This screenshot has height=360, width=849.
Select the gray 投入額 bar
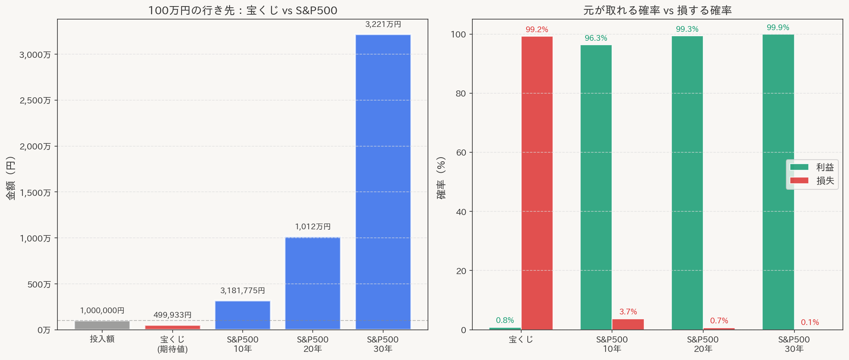(x=102, y=325)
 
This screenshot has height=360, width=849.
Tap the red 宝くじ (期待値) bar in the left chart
(x=173, y=327)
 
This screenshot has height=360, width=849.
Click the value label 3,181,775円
(x=243, y=290)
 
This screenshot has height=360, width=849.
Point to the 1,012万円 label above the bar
(x=313, y=226)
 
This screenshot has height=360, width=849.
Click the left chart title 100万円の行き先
(x=243, y=10)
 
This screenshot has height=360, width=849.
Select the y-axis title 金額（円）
(x=11, y=178)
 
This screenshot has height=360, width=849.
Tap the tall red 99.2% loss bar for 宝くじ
(x=537, y=183)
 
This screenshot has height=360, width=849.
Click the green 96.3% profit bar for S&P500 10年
(x=596, y=187)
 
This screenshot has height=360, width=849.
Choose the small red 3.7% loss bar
(x=628, y=324)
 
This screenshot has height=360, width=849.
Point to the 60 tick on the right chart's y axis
(x=461, y=152)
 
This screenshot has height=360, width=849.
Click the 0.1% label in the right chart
(x=810, y=322)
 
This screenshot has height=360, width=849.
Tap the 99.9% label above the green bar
(x=778, y=27)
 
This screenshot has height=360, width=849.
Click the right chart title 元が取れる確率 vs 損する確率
(x=657, y=10)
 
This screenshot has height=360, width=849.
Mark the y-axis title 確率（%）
(x=441, y=178)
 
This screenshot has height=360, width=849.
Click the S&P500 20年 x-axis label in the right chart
(x=703, y=344)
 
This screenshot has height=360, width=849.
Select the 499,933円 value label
(x=173, y=315)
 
